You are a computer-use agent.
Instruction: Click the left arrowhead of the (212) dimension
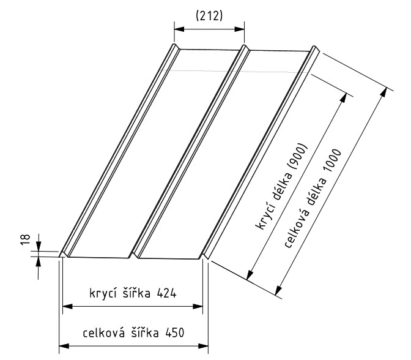pos(177,28)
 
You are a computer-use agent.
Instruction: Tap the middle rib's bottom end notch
pos(135,252)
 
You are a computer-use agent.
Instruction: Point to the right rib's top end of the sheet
pos(315,49)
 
